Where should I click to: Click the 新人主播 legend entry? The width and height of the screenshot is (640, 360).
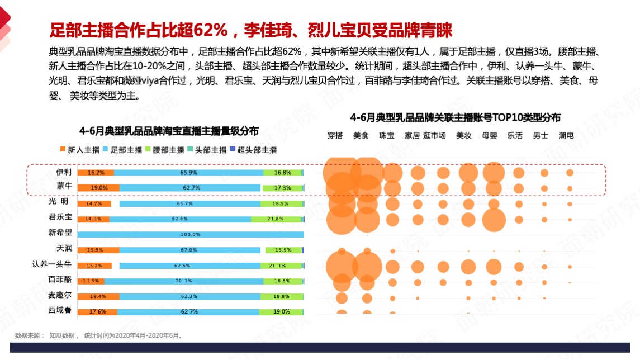click(x=80, y=150)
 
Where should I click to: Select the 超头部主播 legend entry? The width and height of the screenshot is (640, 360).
click(x=253, y=150)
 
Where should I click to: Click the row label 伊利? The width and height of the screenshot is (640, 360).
click(x=63, y=172)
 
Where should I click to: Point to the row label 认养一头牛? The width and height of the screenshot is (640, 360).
click(x=52, y=264)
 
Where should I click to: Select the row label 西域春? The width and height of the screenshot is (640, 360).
click(x=60, y=310)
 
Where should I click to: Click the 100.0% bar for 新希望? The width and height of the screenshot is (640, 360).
click(x=191, y=234)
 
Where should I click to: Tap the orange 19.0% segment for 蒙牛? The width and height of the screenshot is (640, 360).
click(x=98, y=188)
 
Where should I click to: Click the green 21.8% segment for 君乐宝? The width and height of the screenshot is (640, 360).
click(x=276, y=219)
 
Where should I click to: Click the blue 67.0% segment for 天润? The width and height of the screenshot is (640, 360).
click(x=190, y=250)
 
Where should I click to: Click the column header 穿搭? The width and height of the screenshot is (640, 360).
click(x=335, y=135)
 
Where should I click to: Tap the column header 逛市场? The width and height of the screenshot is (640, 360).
click(x=434, y=135)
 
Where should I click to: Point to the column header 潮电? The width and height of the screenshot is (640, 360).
click(x=566, y=135)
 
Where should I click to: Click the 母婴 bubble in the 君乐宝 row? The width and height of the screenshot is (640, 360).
click(x=494, y=219)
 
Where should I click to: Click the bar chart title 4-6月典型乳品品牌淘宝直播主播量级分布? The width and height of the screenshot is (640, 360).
click(x=169, y=131)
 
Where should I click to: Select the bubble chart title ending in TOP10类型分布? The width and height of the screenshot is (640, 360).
click(x=455, y=117)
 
